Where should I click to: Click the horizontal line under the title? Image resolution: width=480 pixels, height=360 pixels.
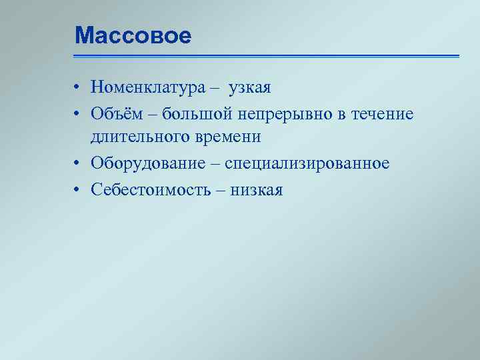point(267,56)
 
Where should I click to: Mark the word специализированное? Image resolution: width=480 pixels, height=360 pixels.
point(307,164)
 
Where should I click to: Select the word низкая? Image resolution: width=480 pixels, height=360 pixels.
point(257,191)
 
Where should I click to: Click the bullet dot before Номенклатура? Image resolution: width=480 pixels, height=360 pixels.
point(78,87)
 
